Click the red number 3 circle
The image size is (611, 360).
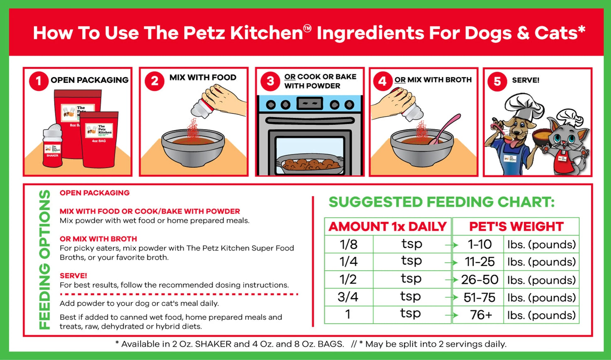pyautogui.click(x=270, y=81)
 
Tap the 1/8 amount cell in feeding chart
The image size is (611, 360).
pyautogui.click(x=349, y=244)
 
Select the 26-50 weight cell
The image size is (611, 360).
pyautogui.click(x=479, y=280)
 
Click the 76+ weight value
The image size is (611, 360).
pyautogui.click(x=480, y=315)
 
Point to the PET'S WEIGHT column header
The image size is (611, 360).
pyautogui.click(x=516, y=226)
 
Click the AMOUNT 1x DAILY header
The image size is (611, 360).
pyautogui.click(x=387, y=226)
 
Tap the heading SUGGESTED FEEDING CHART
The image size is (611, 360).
pyautogui.click(x=441, y=202)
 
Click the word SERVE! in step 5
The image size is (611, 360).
pyautogui.click(x=525, y=80)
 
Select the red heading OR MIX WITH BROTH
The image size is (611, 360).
pyautogui.click(x=98, y=239)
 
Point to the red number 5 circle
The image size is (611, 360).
pyautogui.click(x=497, y=81)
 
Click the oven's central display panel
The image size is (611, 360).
pyautogui.click(x=310, y=103)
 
